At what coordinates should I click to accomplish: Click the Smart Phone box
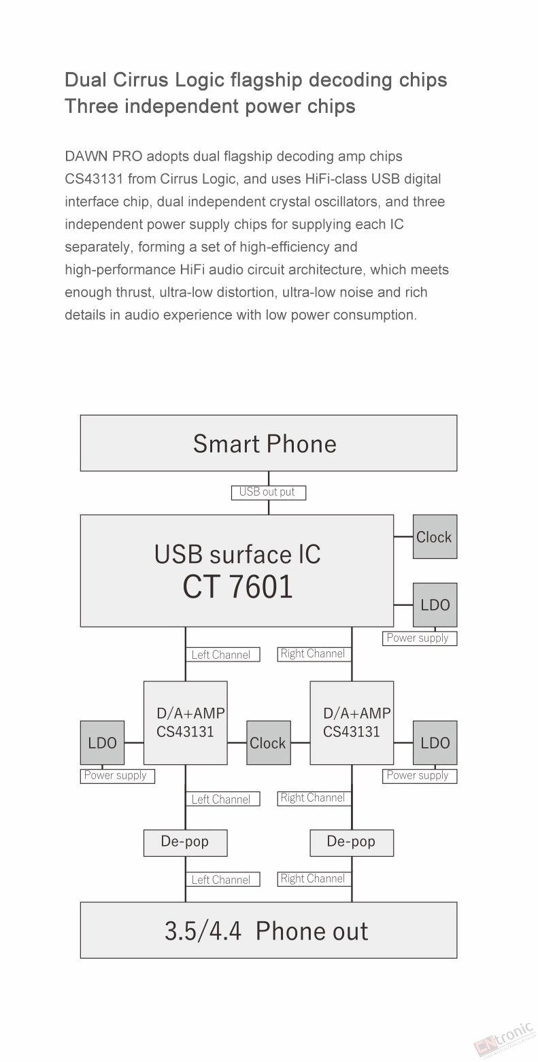pyautogui.click(x=269, y=443)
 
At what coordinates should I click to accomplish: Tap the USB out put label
pyautogui.click(x=269, y=493)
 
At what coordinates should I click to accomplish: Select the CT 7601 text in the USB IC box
pyautogui.click(x=237, y=587)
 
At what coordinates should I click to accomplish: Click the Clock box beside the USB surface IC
pyautogui.click(x=435, y=536)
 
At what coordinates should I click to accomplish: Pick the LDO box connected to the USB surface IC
pyautogui.click(x=435, y=605)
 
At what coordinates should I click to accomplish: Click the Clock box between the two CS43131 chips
pyautogui.click(x=269, y=743)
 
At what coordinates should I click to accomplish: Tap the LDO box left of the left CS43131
pyautogui.click(x=103, y=743)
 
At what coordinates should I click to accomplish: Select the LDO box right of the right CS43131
pyautogui.click(x=435, y=743)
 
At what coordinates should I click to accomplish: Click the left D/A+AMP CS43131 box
pyautogui.click(x=186, y=723)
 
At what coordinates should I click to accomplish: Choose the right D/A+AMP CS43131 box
pyautogui.click(x=352, y=723)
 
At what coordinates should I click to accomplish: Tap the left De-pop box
pyautogui.click(x=186, y=843)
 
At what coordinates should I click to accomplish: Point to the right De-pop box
pyautogui.click(x=352, y=843)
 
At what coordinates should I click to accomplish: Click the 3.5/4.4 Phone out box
pyautogui.click(x=269, y=930)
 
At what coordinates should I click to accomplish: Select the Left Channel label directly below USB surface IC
pyautogui.click(x=222, y=655)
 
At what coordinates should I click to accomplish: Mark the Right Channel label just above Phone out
pyautogui.click(x=314, y=878)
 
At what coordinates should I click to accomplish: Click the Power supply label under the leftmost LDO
pyautogui.click(x=118, y=776)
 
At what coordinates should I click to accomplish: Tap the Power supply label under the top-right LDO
pyautogui.click(x=420, y=638)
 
